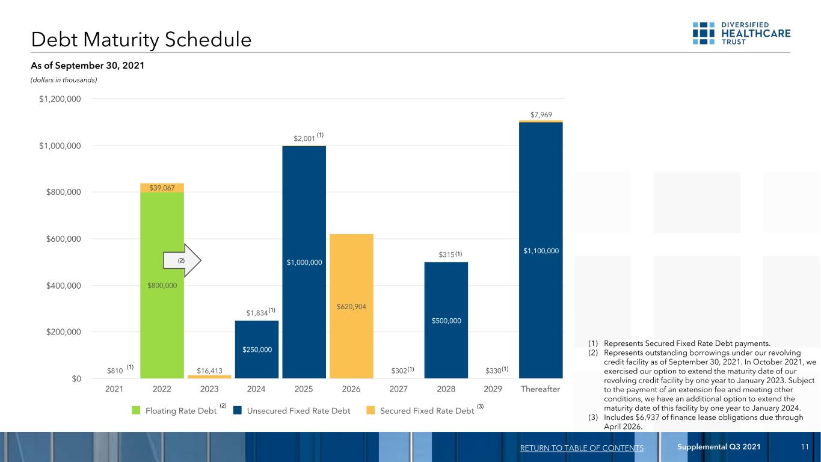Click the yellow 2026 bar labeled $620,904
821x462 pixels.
[x=351, y=306]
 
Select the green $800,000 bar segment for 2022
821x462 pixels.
[x=162, y=285]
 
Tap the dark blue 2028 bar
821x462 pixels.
[x=446, y=320]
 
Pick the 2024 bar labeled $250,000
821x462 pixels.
[x=257, y=350]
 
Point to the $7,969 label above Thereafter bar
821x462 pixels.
[x=541, y=115]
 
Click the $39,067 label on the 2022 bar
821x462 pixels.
[x=162, y=188]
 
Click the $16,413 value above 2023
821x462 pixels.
[x=209, y=371]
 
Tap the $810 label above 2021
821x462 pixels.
[x=115, y=371]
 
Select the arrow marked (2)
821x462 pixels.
[x=182, y=260]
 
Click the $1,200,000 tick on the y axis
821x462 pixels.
[x=60, y=99]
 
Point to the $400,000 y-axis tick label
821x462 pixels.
[x=63, y=286]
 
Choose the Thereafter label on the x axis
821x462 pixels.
[x=540, y=389]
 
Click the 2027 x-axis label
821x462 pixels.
[x=398, y=389]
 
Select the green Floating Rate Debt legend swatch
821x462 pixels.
[x=136, y=410]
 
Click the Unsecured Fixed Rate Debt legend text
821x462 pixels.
[x=298, y=411]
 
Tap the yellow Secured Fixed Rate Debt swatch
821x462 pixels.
[x=371, y=410]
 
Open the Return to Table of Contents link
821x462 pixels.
[x=582, y=448]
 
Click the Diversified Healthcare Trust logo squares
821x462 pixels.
[x=703, y=33]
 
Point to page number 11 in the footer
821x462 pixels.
[x=805, y=446]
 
